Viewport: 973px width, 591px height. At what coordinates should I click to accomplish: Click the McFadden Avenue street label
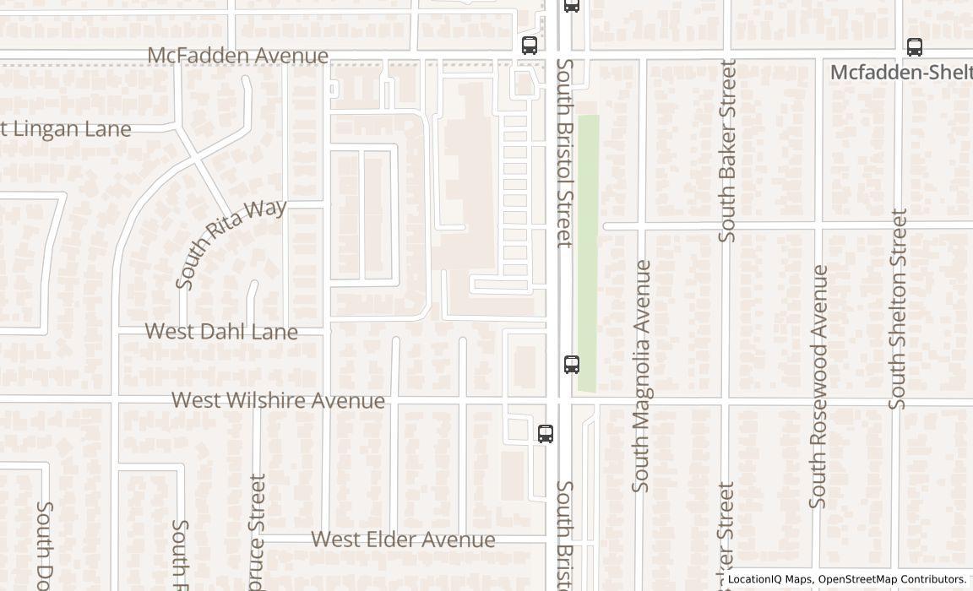(237, 56)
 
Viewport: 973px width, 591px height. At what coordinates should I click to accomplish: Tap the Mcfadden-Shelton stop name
(900, 72)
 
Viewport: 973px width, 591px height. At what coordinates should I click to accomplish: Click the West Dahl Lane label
(221, 332)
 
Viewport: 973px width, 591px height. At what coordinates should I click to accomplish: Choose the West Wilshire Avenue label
(278, 400)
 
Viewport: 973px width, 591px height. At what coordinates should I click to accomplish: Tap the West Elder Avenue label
(403, 539)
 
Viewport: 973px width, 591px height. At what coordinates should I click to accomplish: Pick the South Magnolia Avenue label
(641, 376)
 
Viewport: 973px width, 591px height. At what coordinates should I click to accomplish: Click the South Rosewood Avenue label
(818, 387)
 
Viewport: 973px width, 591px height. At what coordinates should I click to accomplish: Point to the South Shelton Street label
(898, 309)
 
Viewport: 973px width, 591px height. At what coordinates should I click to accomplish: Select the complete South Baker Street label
(727, 150)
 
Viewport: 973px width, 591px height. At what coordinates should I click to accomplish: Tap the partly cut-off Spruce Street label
(258, 532)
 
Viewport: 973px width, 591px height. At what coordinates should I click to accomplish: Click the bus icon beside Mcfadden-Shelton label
(915, 47)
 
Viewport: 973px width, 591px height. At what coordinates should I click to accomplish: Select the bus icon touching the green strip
(572, 365)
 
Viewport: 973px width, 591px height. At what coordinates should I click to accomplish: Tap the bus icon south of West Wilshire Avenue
(546, 434)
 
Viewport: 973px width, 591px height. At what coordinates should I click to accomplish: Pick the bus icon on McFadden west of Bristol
(530, 46)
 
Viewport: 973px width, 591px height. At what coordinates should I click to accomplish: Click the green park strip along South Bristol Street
(588, 253)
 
